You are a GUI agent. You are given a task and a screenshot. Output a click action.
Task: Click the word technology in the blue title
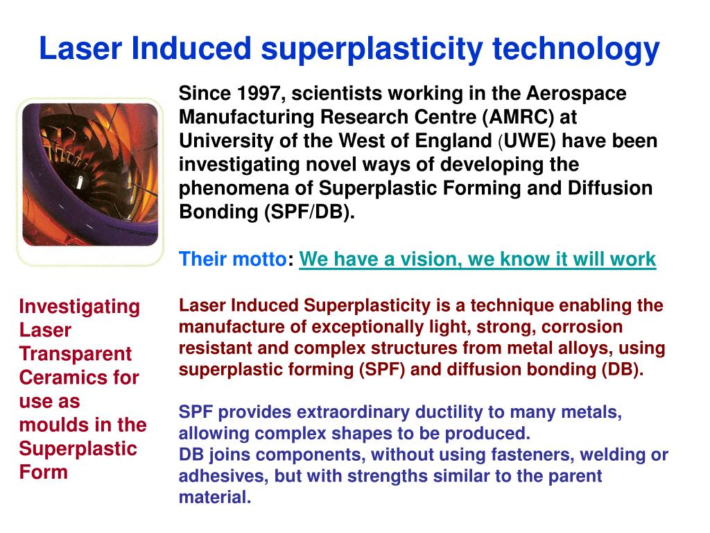point(576,49)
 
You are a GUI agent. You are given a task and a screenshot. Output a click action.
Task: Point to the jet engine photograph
point(90,174)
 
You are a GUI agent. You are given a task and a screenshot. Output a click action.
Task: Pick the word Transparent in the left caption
point(76,353)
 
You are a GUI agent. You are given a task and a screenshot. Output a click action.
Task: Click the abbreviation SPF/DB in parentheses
point(308,212)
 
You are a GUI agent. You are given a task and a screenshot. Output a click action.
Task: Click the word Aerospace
point(576,94)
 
